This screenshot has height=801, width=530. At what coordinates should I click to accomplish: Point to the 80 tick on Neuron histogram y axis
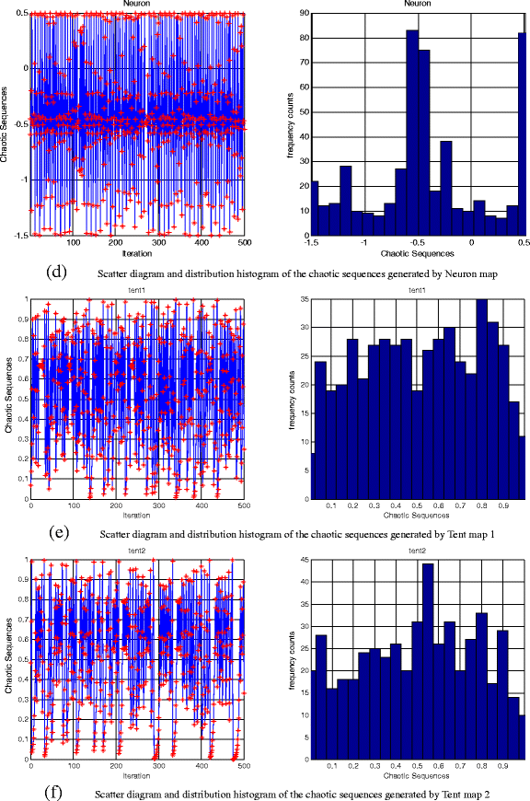tap(297, 39)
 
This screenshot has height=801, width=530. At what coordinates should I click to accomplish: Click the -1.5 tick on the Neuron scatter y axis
tap(17, 235)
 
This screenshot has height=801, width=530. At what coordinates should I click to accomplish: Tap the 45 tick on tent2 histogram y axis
tap(297, 559)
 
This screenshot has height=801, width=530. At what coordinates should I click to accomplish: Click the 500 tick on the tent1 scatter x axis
tap(242, 505)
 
